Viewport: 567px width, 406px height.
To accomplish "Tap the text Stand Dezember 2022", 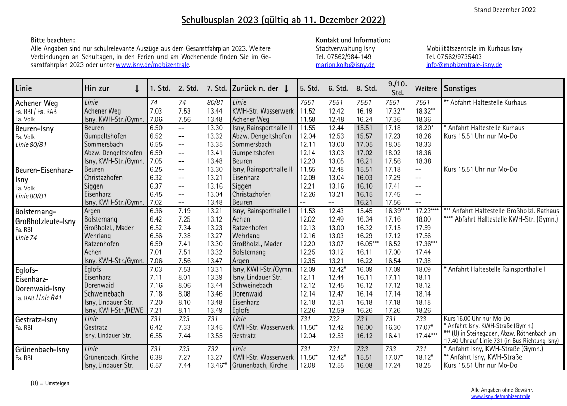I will tap(505, 10).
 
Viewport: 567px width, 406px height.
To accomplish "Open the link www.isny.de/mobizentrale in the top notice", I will tap(153, 65).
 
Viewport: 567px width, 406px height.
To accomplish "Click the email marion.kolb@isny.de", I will tap(345, 65).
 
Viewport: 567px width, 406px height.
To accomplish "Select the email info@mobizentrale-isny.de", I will tap(464, 65).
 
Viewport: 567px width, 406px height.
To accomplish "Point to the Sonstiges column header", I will tap(460, 88).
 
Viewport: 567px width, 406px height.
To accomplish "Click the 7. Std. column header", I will tap(217, 88).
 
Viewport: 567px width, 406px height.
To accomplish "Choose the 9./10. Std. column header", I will tap(397, 88).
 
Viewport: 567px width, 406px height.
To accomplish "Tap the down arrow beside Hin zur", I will tap(137, 89).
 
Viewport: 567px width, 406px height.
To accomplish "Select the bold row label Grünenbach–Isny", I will tap(43, 350).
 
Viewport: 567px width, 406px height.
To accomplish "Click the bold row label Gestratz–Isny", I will tap(36, 320).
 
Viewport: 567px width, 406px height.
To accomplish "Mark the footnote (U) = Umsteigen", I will tap(50, 383).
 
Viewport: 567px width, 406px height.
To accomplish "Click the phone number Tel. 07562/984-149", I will tap(343, 57).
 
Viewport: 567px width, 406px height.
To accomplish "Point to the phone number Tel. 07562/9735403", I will tap(454, 57).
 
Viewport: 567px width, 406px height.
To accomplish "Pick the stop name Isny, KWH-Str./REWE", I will tap(114, 310).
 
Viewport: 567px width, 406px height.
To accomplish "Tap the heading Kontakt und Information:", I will tap(353, 40).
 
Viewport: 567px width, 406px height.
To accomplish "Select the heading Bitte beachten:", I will tap(53, 40).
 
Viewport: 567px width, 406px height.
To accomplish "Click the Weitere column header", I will tap(426, 89).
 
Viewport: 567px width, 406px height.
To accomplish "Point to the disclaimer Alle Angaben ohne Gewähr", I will tap(502, 390).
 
